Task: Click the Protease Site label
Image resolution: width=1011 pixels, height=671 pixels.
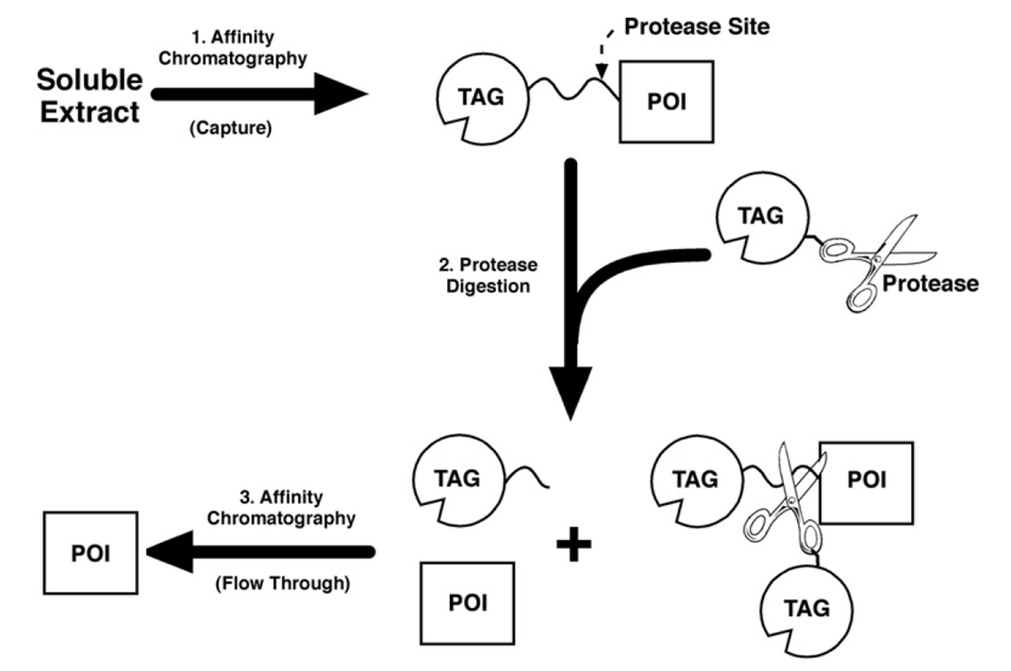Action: tap(704, 26)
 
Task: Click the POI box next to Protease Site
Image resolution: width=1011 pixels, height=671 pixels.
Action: tap(665, 100)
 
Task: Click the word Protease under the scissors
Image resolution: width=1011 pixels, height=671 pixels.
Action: tap(930, 283)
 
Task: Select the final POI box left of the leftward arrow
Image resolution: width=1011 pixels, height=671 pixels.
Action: tap(91, 552)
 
